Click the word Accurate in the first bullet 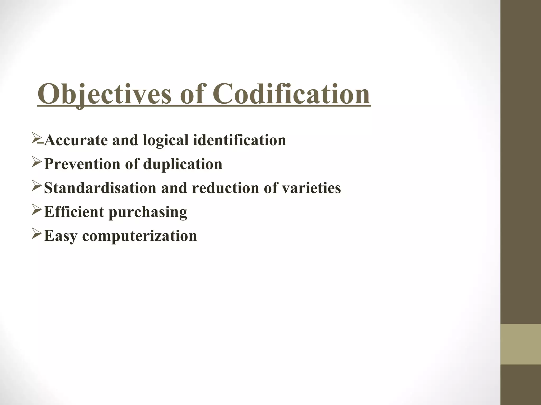(76, 140)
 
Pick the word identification (239, 140)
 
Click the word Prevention (82, 164)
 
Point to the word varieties (309, 188)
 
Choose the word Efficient (74, 212)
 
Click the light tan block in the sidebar (520, 344)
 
